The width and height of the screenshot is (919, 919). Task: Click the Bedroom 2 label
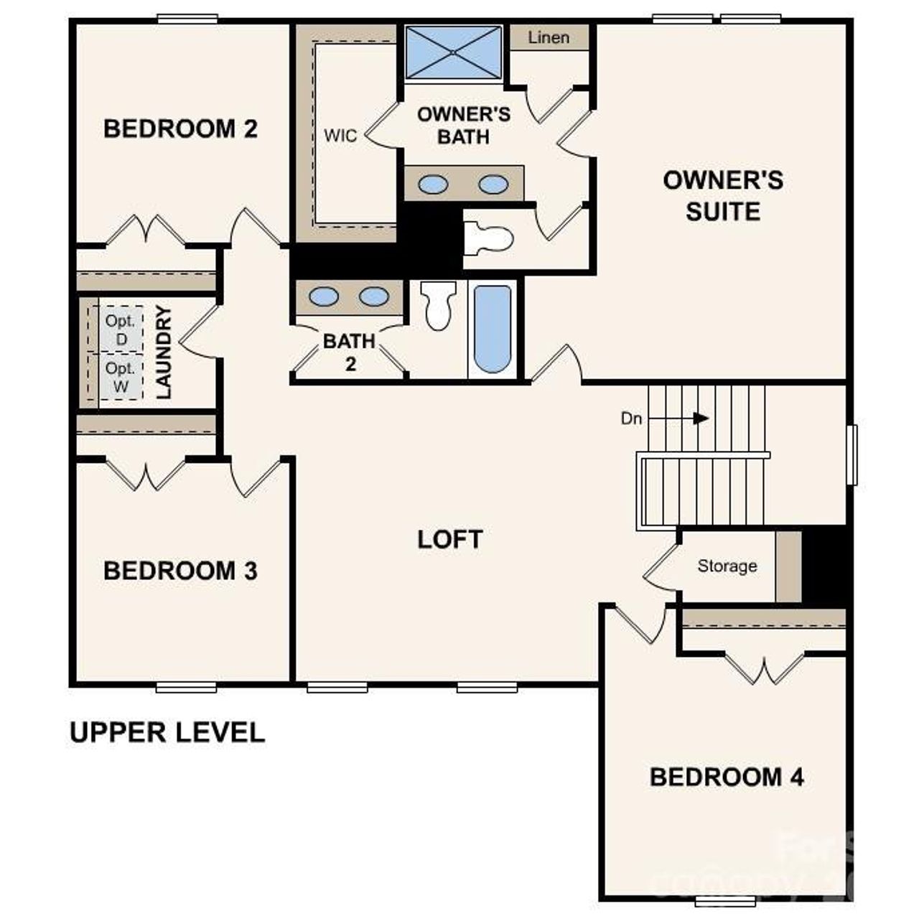coord(180,129)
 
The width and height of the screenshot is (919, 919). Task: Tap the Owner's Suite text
coord(722,195)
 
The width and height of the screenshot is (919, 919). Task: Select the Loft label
coord(450,539)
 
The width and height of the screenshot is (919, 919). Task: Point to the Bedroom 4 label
coord(727,777)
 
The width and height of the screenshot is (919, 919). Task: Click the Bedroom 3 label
coord(180,571)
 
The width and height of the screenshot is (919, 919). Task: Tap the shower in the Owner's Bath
coord(454,52)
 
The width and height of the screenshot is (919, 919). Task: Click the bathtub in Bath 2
coord(493,329)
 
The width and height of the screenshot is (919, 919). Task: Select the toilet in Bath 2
coord(438,304)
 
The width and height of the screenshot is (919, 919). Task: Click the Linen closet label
coord(549,37)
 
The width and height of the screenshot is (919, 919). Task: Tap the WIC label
coord(340,136)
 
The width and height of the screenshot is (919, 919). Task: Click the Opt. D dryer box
coord(120,330)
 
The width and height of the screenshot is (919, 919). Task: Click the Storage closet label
coord(727,566)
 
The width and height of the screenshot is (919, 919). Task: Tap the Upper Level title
coord(167,732)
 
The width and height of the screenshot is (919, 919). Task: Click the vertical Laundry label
coord(164,352)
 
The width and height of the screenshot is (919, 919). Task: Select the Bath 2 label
coord(350,352)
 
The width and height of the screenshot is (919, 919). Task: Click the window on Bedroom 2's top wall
coord(187,19)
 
